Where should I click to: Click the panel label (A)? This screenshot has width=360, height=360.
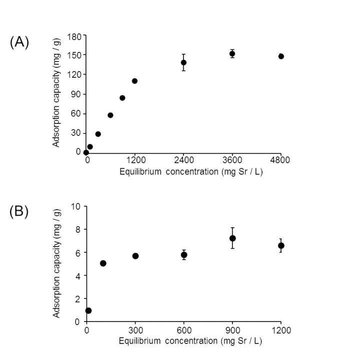(x=19, y=42)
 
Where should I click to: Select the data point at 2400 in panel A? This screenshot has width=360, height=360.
(x=183, y=62)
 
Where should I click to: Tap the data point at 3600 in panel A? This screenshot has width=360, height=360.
(x=232, y=53)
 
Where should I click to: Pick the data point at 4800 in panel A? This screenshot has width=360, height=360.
(x=281, y=56)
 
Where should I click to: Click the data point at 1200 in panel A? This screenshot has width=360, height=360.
(x=134, y=81)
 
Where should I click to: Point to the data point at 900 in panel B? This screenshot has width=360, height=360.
(x=232, y=238)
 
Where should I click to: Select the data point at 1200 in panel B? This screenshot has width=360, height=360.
(x=281, y=246)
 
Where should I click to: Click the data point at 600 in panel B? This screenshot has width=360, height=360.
(x=184, y=255)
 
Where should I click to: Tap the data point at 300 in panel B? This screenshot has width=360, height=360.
(x=135, y=256)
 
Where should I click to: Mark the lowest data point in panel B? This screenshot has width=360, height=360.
(x=88, y=311)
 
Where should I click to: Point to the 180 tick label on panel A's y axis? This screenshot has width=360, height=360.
(x=74, y=36)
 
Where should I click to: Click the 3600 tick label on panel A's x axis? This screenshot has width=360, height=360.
(x=232, y=161)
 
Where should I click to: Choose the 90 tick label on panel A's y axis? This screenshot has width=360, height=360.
(x=76, y=94)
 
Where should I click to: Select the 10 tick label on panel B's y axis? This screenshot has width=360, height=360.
(x=76, y=206)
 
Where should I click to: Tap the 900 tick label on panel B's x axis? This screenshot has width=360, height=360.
(x=232, y=330)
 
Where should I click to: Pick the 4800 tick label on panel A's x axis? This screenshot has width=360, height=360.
(x=280, y=161)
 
